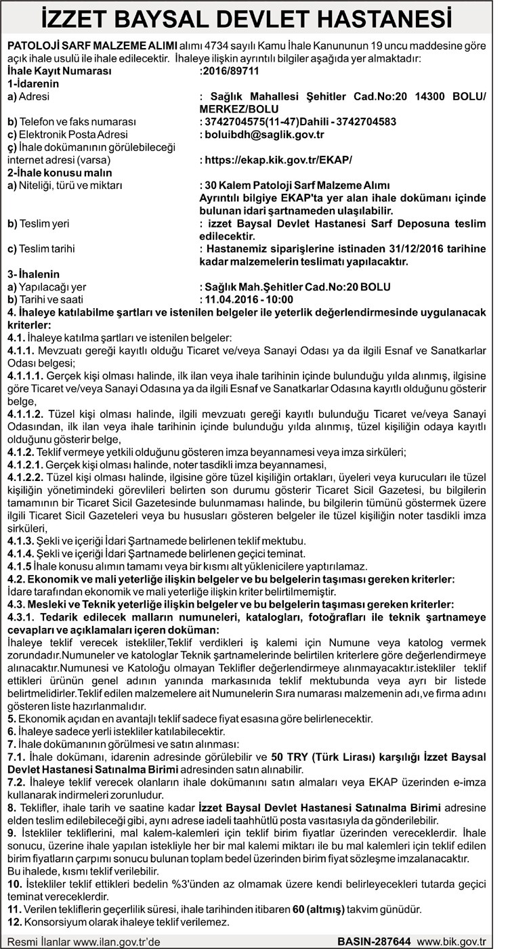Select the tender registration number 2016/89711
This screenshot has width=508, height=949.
pyautogui.click(x=231, y=70)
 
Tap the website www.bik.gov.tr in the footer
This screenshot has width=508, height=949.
pyautogui.click(x=452, y=941)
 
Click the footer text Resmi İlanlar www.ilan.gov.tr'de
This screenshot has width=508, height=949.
pyautogui.click(x=84, y=941)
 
